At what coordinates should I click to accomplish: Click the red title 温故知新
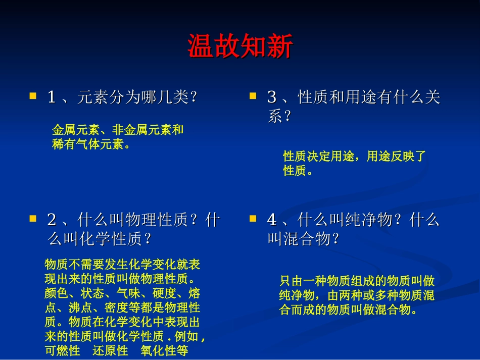(x=240, y=47)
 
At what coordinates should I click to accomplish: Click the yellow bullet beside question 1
(x=33, y=95)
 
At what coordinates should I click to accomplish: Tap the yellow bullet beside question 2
(x=33, y=219)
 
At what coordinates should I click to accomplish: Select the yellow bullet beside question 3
(x=253, y=95)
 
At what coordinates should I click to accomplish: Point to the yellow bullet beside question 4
(x=253, y=219)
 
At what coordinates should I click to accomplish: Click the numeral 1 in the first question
(x=52, y=97)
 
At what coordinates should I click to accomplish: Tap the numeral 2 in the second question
(x=52, y=221)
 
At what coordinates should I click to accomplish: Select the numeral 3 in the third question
(x=272, y=97)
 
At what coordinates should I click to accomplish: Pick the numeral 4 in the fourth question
(x=272, y=221)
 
